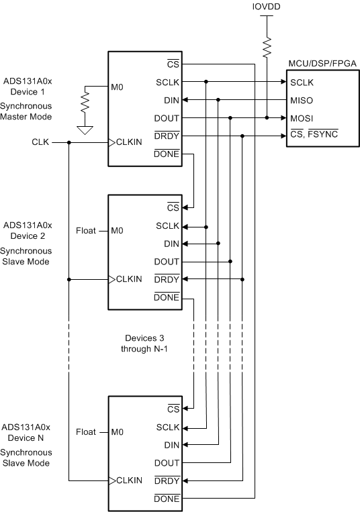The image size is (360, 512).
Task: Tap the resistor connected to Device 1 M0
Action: [x=85, y=103]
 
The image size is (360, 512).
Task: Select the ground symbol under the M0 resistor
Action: [x=85, y=130]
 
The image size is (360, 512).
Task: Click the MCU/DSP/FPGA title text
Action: [x=322, y=62]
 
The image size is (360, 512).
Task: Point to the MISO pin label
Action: [x=302, y=101]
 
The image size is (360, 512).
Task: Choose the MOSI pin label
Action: [x=302, y=118]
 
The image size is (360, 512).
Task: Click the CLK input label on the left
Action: [x=41, y=142]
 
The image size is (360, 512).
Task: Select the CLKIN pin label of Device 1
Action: [x=130, y=142]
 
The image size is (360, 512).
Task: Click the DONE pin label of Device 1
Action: [x=167, y=154]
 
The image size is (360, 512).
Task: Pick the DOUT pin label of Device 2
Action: [x=167, y=262]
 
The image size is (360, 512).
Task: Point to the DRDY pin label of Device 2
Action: [x=167, y=279]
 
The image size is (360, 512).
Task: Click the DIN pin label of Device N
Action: [x=171, y=445]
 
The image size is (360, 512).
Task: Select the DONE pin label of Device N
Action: [x=167, y=498]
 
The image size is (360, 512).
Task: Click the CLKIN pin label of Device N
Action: [x=130, y=480]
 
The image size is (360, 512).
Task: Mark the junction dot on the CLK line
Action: [x=69, y=142]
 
